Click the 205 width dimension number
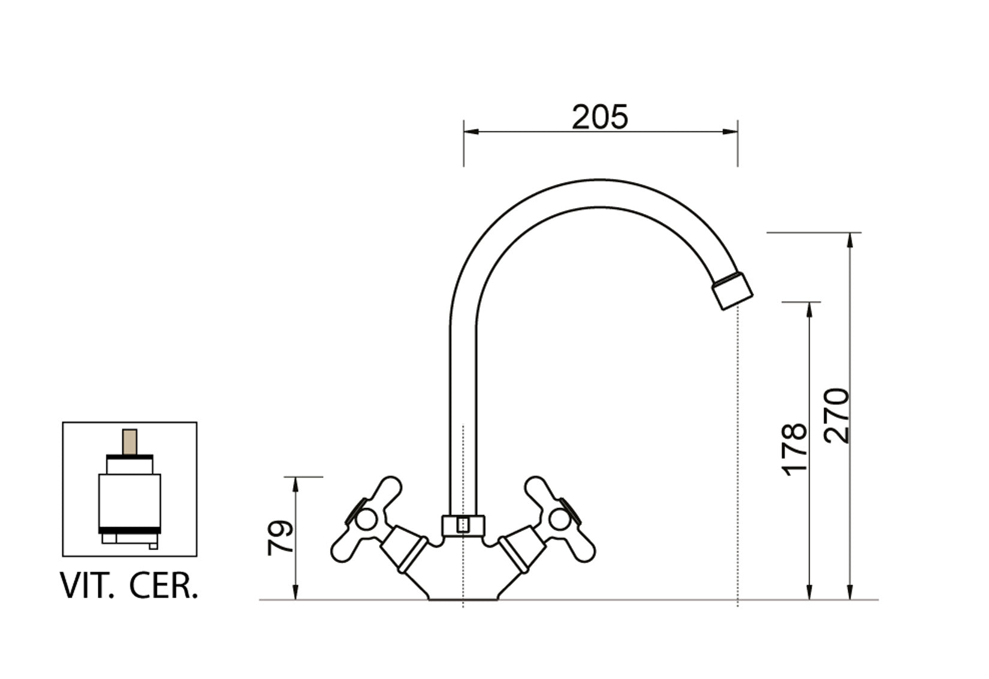(599, 117)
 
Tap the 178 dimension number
(794, 450)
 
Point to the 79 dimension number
(281, 537)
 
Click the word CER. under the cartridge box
(164, 586)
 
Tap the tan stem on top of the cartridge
(129, 441)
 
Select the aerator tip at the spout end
(732, 291)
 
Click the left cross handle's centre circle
(366, 519)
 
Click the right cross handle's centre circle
(560, 519)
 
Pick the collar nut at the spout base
(463, 525)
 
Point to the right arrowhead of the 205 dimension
(730, 131)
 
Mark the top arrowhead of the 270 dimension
(851, 241)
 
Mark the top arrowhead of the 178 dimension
(809, 310)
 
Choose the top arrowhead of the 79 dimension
(296, 485)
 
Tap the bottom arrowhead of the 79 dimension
(296, 592)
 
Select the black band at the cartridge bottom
(130, 530)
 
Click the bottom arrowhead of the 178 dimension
(809, 592)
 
